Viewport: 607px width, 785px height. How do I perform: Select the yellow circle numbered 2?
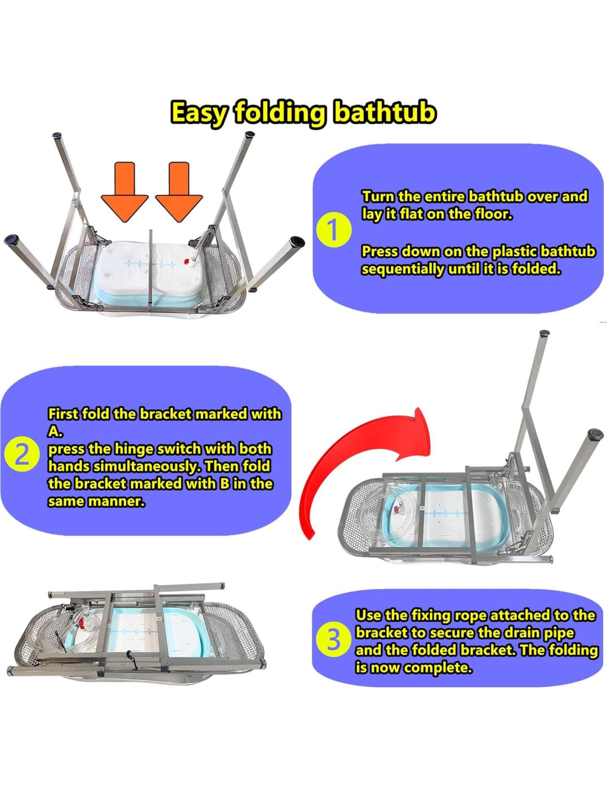tap(22, 457)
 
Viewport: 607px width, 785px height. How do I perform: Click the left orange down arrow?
tap(125, 192)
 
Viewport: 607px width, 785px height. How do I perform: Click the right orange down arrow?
tap(179, 192)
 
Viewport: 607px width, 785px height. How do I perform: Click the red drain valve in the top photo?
tap(187, 262)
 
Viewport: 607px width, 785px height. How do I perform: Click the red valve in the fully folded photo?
tap(81, 623)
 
